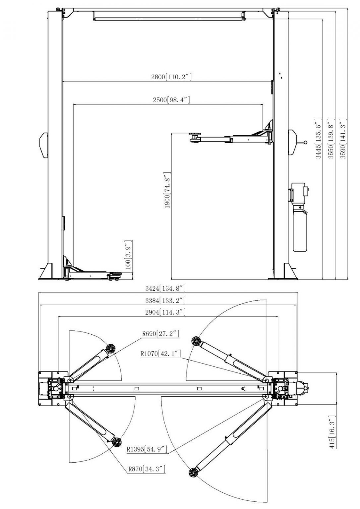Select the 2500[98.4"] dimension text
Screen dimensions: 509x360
[x=171, y=100]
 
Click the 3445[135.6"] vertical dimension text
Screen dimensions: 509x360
[x=318, y=139]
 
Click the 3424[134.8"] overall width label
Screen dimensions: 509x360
[x=165, y=288]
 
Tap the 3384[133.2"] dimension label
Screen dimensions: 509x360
[x=165, y=301]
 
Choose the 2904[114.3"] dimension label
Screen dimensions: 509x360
[x=165, y=312]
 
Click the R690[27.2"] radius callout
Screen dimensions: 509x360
[x=161, y=334]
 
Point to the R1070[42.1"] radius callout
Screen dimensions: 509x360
[x=160, y=354]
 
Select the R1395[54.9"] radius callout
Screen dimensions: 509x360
[x=147, y=450]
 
